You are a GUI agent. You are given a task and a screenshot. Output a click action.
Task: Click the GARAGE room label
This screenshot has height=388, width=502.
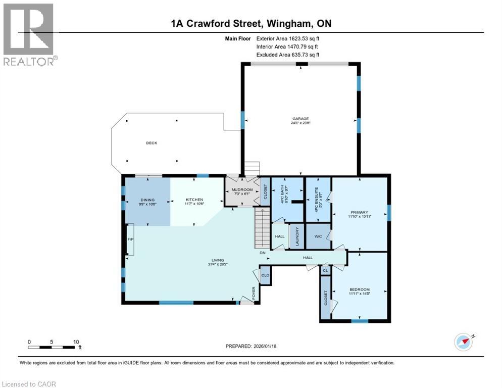click(300, 119)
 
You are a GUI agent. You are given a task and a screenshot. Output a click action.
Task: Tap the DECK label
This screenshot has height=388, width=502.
click(152, 143)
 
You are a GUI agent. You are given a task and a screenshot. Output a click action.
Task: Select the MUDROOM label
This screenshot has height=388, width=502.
click(241, 190)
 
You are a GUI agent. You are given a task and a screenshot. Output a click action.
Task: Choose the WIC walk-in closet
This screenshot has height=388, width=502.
click(318, 236)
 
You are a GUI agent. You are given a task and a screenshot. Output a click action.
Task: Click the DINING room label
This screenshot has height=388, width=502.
click(147, 200)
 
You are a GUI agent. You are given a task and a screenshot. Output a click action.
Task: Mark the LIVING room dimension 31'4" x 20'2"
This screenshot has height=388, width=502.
click(218, 264)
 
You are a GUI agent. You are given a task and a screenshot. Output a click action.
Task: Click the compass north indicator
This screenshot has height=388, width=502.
click(464, 342)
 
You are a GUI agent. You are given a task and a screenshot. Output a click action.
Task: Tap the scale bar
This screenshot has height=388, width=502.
click(53, 347)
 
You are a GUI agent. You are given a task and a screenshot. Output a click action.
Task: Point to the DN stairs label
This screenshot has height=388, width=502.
click(262, 253)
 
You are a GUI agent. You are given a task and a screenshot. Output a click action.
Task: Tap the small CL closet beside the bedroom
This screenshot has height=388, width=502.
click(325, 271)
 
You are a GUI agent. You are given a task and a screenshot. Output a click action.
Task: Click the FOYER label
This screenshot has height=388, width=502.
click(254, 292)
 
